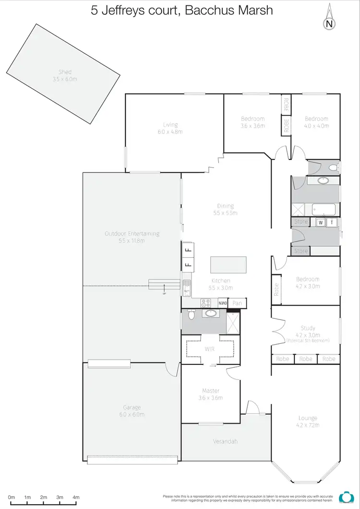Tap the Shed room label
65,75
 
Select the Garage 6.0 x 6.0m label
132,411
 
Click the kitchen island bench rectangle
228,265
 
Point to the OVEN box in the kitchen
222,303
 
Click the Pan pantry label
237,303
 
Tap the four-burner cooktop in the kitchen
206,303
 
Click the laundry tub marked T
331,222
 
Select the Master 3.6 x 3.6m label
210,394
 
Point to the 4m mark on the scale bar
76,497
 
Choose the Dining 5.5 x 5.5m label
225,209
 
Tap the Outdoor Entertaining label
132,237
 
